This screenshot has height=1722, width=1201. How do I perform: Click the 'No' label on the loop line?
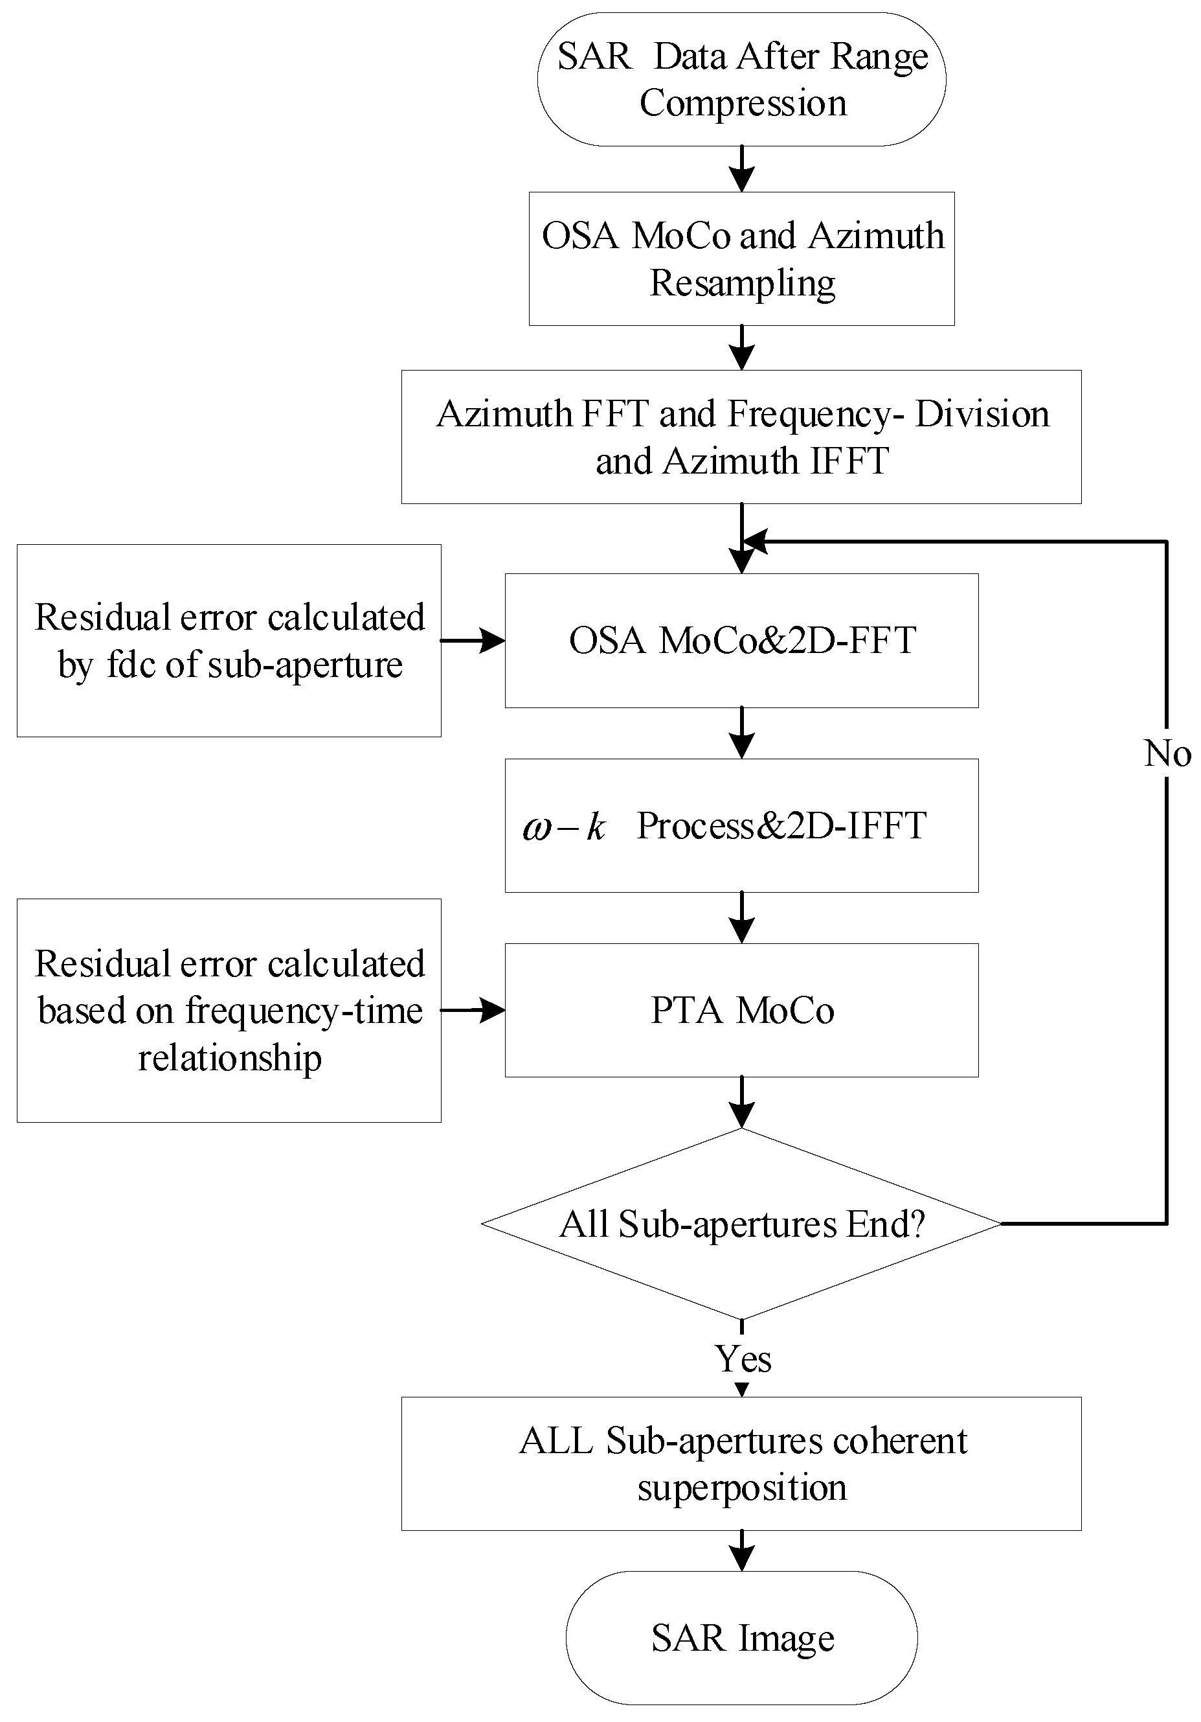[x=1167, y=753]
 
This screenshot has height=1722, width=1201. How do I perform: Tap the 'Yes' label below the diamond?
[x=742, y=1359]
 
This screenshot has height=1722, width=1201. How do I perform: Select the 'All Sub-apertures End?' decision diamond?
[x=741, y=1224]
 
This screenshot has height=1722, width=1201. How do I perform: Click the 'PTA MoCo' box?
[x=741, y=1009]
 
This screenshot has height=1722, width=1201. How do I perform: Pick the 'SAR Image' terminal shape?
[x=741, y=1638]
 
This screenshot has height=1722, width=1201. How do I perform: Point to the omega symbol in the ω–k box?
[x=537, y=828]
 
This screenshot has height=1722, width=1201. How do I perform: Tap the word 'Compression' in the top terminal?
[x=742, y=103]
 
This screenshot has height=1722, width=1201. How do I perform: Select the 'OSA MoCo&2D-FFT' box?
[x=741, y=641]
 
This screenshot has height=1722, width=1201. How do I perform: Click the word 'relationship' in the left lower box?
[x=229, y=1058]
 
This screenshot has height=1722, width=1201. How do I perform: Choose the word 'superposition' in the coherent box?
[x=742, y=1488]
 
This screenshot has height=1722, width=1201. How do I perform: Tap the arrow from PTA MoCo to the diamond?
[x=741, y=1103]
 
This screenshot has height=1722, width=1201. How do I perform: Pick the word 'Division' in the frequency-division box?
[x=982, y=414]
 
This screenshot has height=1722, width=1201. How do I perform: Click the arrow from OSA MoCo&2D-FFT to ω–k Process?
[x=741, y=733]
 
